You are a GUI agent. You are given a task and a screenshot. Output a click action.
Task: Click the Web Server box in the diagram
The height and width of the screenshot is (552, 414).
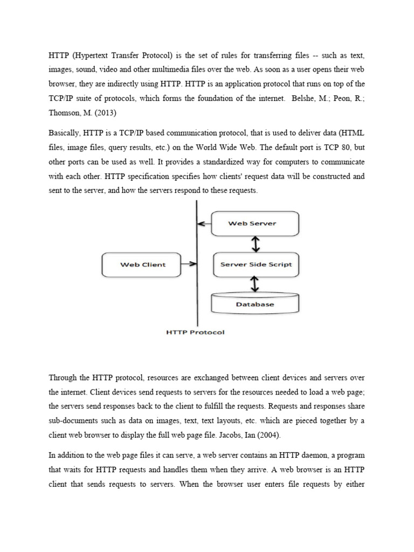(x=255, y=223)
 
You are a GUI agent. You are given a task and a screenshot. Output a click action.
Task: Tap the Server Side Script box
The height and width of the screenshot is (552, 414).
(x=256, y=264)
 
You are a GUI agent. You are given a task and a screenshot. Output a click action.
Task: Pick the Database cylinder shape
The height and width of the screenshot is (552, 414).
(x=255, y=304)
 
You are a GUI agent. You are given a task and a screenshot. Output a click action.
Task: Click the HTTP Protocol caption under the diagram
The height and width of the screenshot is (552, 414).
(x=195, y=332)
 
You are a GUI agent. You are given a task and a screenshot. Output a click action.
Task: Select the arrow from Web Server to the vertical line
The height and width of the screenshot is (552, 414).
(x=204, y=223)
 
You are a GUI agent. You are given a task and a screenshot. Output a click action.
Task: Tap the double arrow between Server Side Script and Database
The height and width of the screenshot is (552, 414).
(x=256, y=284)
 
